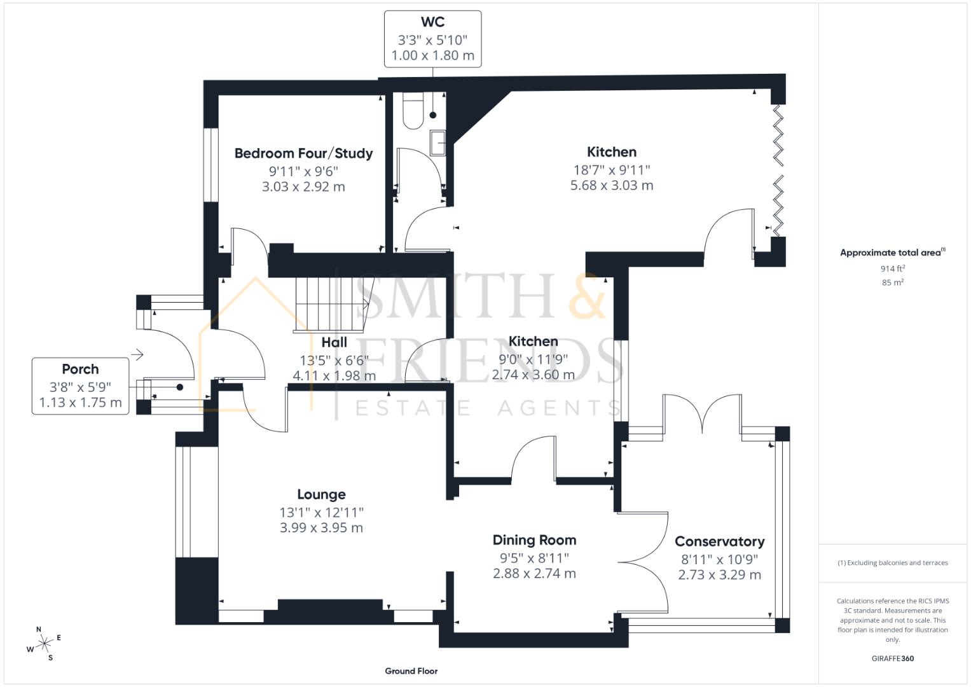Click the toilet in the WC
coord(413,112)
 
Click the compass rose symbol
coord(45,644)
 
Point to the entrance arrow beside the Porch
coord(137,354)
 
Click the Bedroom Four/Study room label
coord(303,153)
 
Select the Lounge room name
coord(321,494)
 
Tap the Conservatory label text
coord(719,541)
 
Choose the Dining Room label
coord(534,540)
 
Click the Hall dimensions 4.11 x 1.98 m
coord(334,376)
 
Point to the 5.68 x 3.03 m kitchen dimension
coord(612,186)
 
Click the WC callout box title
coord(432,22)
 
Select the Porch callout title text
coord(80,369)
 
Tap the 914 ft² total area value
coord(892,268)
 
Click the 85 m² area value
coord(892,282)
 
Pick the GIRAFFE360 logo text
coord(892,658)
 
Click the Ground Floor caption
coord(411,670)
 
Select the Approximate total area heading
coord(890,253)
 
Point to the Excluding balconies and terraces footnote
coord(892,563)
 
